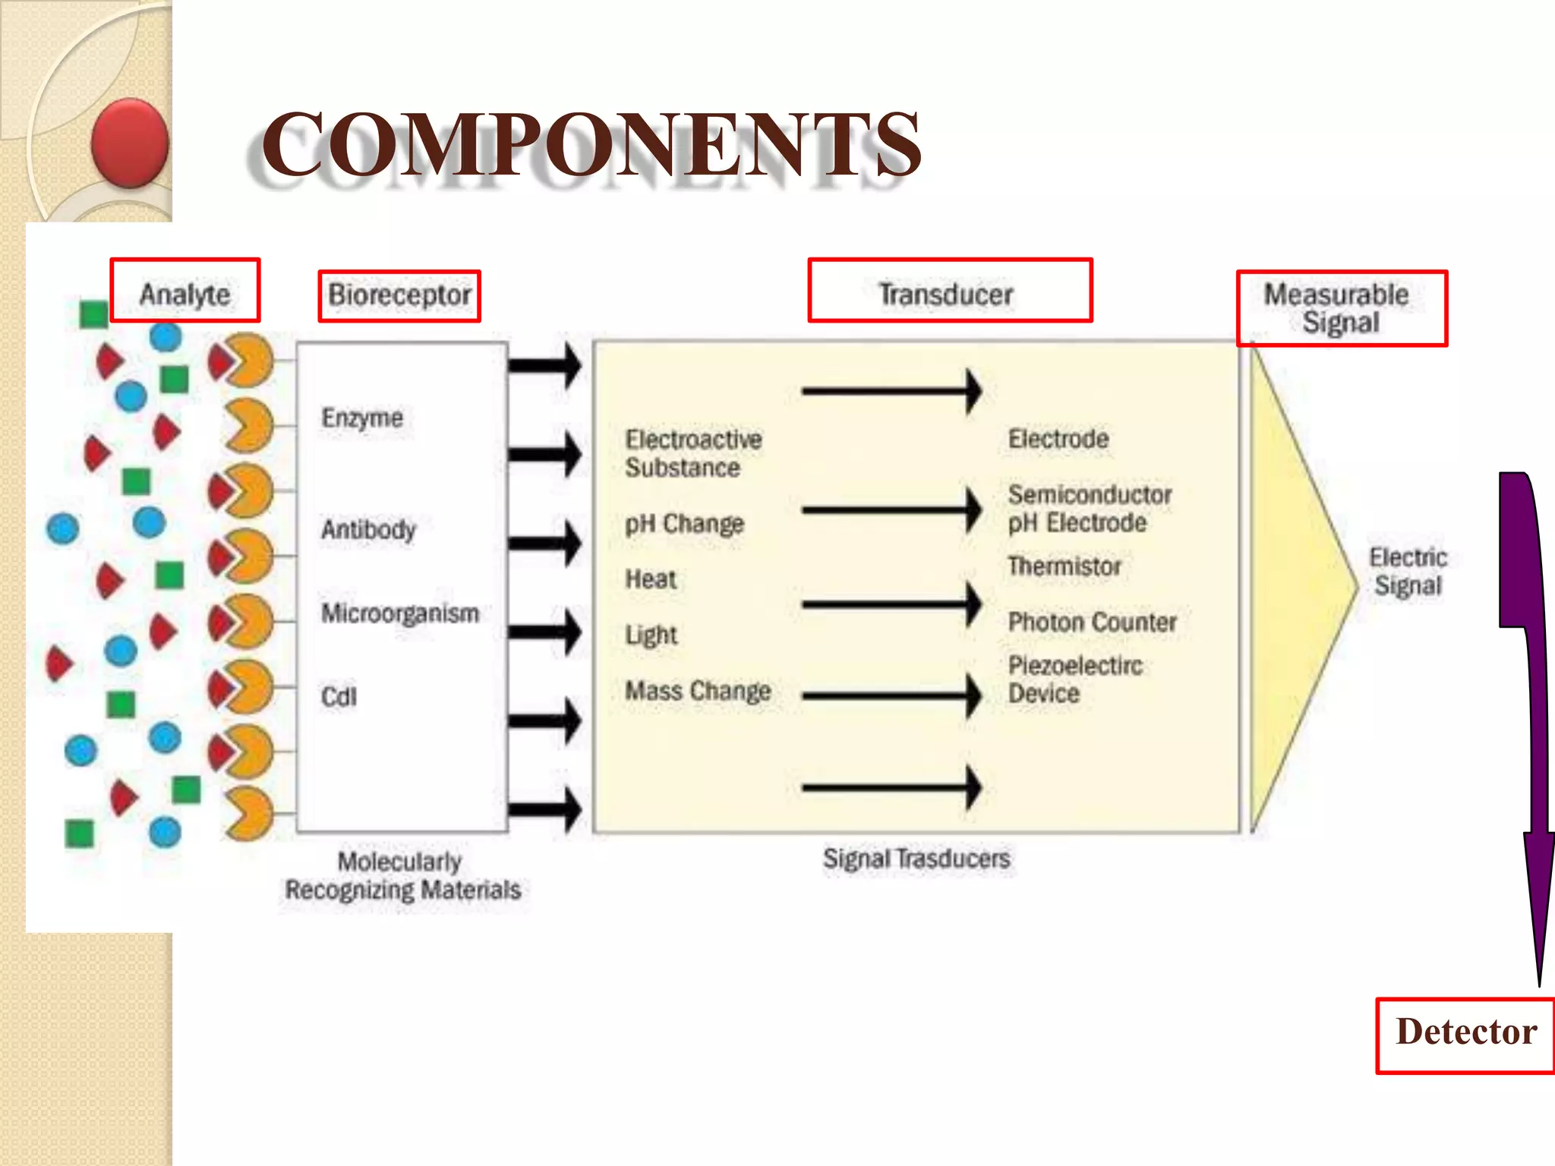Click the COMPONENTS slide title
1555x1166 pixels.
[x=591, y=144]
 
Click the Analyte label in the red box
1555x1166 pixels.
[x=185, y=292]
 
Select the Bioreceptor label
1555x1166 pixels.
[x=399, y=295]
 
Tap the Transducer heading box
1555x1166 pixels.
[x=949, y=292]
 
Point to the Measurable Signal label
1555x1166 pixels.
[x=1341, y=308]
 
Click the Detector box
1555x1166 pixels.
[x=1465, y=1034]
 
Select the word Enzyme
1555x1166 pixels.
[x=362, y=418]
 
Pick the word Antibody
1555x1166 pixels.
[x=368, y=529]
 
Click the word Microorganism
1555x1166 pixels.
[x=400, y=613]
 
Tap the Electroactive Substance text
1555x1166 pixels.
[x=692, y=453]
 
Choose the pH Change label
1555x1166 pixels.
[x=684, y=524]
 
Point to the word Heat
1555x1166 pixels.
[x=651, y=579]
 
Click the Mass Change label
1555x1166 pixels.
[x=698, y=691]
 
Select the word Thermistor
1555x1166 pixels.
[x=1065, y=566]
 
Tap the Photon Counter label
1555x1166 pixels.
[x=1092, y=622]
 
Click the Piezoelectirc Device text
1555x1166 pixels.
[x=1075, y=679]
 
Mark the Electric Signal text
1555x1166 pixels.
[x=1408, y=572]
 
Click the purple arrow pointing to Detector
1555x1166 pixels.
[x=1528, y=683]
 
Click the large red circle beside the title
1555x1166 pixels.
[x=130, y=143]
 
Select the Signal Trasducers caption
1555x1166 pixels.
[x=916, y=859]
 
